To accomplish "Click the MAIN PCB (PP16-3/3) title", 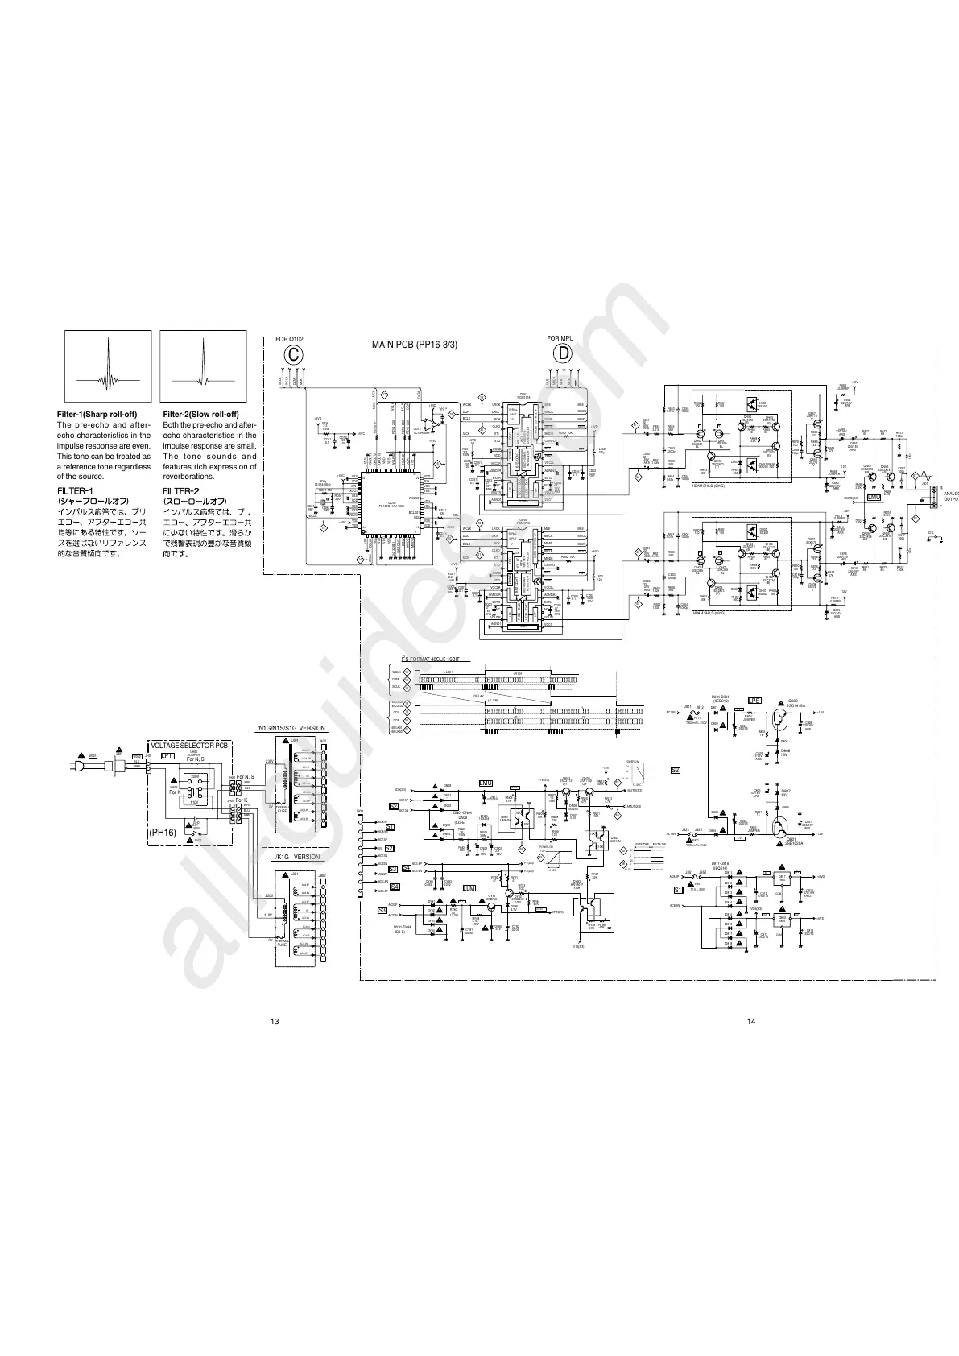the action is click(415, 345).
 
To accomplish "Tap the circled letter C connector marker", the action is click(296, 354).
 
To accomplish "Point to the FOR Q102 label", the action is click(289, 339).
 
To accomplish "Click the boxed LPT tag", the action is click(168, 756).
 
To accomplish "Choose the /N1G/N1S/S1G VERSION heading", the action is click(290, 729).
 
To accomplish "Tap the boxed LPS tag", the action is click(755, 700).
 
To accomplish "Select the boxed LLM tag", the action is click(469, 887).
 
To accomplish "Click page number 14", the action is click(751, 1022).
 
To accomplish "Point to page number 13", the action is click(275, 1022).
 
